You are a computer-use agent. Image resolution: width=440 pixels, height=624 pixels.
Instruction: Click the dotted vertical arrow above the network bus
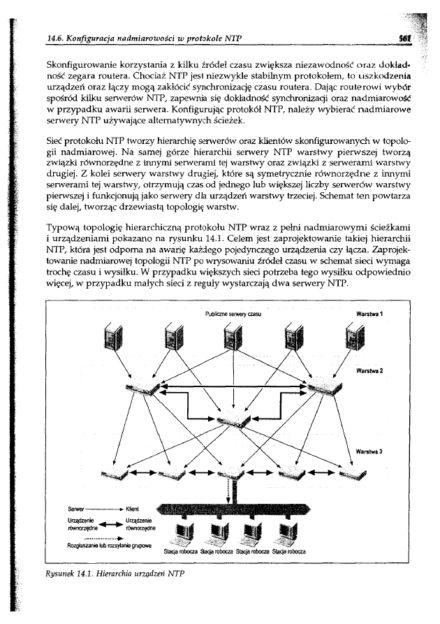[x=230, y=492]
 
